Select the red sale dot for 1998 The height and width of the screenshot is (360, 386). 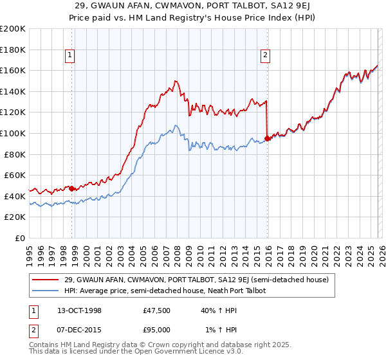[72, 188]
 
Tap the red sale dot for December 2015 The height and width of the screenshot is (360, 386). [268, 138]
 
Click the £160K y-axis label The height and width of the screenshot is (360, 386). [13, 70]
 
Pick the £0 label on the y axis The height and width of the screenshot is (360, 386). [21, 238]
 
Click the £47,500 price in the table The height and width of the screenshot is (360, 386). [157, 310]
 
